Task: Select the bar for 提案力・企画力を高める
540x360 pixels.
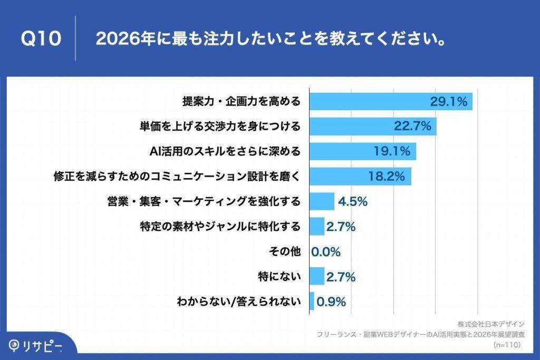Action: pos(390,102)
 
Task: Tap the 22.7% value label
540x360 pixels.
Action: pos(413,126)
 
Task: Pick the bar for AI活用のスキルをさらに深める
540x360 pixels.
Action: pos(363,151)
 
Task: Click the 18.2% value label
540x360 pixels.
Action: pos(387,177)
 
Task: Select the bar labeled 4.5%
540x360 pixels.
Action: pos(322,201)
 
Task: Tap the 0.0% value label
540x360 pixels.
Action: pos(326,251)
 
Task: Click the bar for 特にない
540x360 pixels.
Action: pos(317,276)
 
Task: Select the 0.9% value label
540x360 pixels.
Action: pos(331,301)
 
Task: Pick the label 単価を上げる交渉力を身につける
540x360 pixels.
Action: pos(220,127)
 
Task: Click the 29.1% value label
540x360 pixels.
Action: pos(448,102)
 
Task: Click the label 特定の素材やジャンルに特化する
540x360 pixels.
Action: pos(220,227)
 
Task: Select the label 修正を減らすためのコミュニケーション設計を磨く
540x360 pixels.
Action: pos(177,177)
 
